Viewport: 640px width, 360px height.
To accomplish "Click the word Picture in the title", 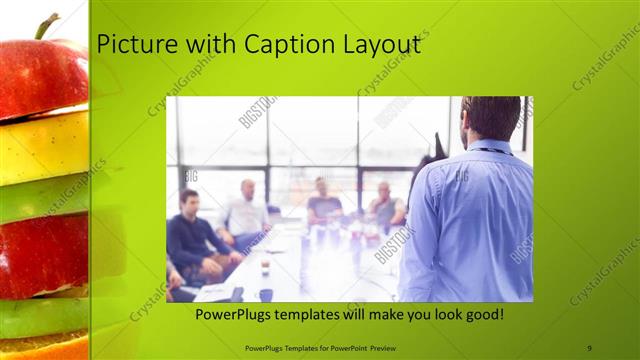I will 133,45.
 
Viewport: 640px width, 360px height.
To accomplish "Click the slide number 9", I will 589,347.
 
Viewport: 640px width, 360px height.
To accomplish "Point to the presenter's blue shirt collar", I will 490,150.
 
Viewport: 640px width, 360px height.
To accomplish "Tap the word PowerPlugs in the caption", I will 233,314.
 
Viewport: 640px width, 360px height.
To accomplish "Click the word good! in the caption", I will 482,314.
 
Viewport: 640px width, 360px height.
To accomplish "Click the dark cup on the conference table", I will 265,294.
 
